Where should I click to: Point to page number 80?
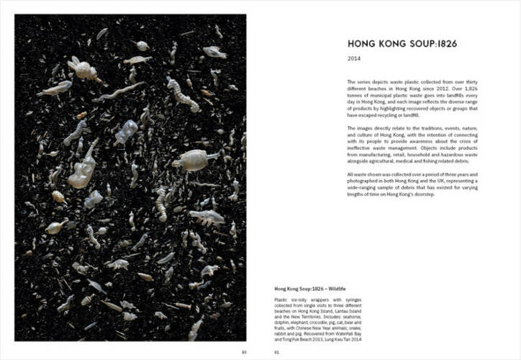244,352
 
